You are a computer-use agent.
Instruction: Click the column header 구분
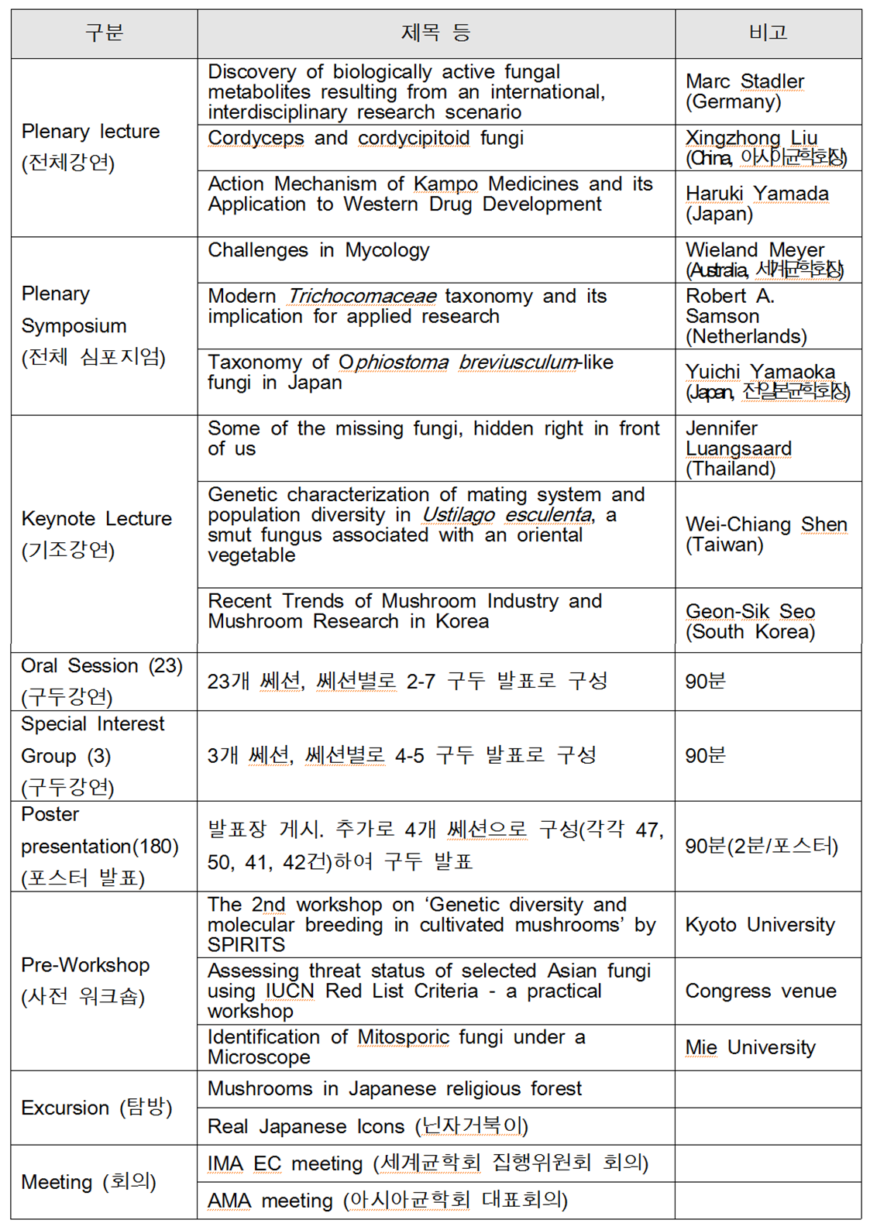tap(104, 33)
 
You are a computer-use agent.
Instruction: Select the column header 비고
tap(768, 33)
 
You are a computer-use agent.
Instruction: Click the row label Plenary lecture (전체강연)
tap(91, 146)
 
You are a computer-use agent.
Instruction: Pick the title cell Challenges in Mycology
tap(318, 251)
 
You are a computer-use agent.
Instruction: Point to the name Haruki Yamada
tap(757, 194)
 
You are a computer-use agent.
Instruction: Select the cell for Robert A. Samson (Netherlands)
tap(745, 316)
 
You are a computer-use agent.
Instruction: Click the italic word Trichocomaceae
tap(362, 297)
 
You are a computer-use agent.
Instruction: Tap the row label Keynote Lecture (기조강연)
tap(96, 534)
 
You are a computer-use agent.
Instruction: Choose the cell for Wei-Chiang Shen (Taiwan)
tap(765, 534)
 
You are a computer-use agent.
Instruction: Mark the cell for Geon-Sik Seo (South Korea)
tap(750, 621)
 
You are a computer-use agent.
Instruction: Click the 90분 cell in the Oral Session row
tap(705, 682)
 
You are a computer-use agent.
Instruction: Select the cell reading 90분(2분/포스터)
tap(761, 846)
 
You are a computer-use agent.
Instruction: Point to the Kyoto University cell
tap(760, 925)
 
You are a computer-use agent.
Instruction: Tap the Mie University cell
tap(750, 1047)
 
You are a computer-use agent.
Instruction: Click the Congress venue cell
tap(760, 991)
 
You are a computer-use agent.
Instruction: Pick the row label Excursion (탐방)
tap(96, 1108)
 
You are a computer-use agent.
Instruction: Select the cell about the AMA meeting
tap(387, 1201)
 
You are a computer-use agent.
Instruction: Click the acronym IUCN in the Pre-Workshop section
tap(290, 991)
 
